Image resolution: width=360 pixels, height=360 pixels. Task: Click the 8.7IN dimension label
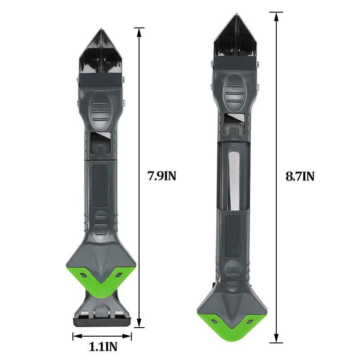click(300, 176)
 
